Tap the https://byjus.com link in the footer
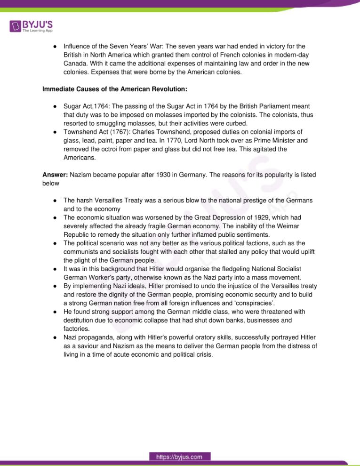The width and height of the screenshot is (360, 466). pos(180,457)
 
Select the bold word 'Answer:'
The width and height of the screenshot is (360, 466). pos(55,175)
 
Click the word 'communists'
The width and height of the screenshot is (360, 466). pos(83,251)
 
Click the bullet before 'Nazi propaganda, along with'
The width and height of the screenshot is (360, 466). pos(55,338)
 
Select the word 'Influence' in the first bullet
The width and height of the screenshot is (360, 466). pos(77,46)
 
